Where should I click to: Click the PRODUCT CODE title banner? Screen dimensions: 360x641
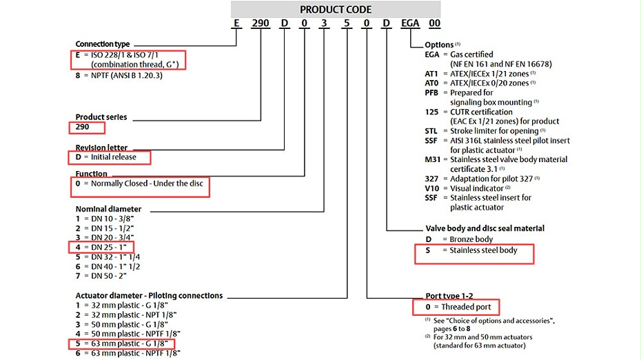coord(336,10)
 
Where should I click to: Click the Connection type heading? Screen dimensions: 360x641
coord(103,43)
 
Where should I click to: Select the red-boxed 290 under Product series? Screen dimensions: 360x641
coord(86,128)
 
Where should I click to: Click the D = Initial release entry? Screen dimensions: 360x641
coord(109,157)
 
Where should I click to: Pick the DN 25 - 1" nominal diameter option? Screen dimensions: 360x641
coord(103,247)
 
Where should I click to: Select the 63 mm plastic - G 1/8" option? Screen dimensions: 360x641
coord(121,343)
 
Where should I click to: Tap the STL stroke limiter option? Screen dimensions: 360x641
coord(482,130)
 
